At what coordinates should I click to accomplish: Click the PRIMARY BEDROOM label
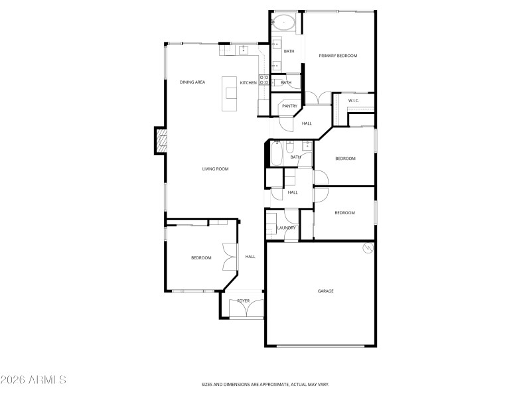338,56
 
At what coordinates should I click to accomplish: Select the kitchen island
230,95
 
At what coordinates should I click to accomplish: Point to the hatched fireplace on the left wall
161,141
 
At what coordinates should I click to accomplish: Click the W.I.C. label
353,101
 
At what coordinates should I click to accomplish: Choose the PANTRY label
289,106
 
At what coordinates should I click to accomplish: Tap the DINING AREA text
192,82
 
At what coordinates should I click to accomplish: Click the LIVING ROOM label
215,169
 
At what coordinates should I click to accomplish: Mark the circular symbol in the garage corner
367,249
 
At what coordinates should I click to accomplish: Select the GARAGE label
325,291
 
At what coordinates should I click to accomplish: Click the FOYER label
244,301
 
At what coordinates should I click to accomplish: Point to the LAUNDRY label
286,228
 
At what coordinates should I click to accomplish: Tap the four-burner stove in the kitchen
264,80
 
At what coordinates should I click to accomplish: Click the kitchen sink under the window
244,48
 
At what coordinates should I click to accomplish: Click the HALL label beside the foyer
250,257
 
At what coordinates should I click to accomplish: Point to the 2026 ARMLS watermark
33,380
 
